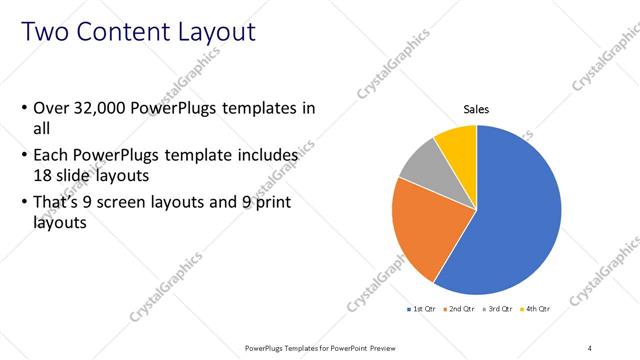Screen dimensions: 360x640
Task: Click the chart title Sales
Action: pyautogui.click(x=475, y=109)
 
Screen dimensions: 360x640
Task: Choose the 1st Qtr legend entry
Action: pyautogui.click(x=421, y=309)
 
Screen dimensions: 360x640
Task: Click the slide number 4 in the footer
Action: pyautogui.click(x=590, y=347)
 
